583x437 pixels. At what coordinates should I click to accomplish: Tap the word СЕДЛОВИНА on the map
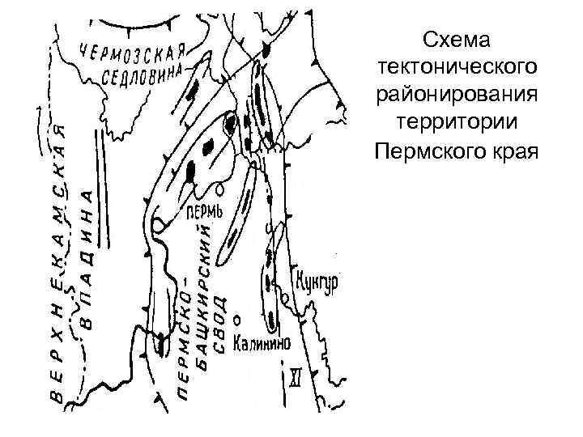click(146, 74)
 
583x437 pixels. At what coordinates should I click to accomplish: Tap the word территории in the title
click(458, 122)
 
